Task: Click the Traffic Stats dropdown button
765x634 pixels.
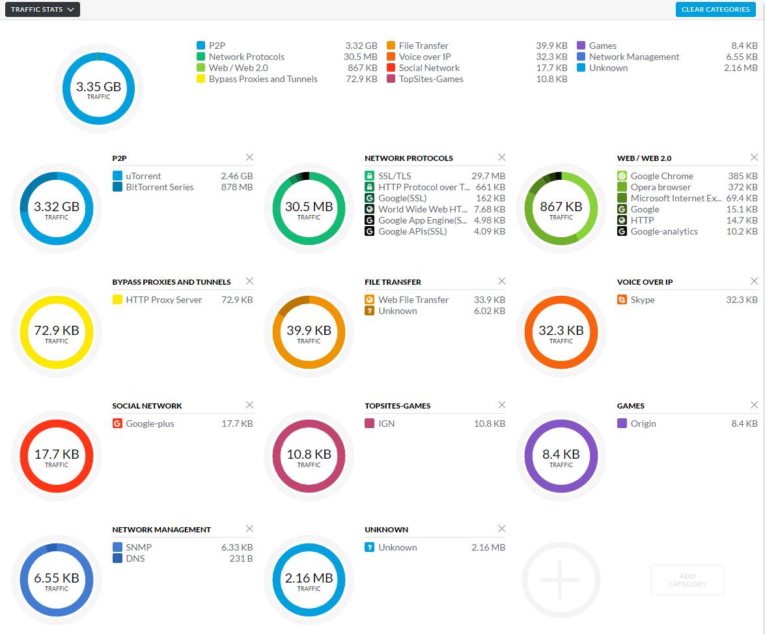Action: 42,9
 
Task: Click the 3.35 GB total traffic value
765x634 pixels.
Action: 98,87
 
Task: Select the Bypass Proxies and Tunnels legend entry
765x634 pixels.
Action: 263,79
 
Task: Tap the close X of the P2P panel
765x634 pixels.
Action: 249,157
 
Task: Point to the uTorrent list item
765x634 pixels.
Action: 143,176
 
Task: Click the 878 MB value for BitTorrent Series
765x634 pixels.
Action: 237,187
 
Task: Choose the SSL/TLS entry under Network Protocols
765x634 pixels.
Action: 395,176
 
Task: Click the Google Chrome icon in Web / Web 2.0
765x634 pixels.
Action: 622,176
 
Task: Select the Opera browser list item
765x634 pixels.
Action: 660,187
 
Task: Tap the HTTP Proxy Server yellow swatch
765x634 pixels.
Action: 117,300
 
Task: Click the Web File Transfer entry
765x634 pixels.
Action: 413,300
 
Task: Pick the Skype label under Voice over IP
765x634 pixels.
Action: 643,300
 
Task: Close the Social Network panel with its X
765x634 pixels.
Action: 249,405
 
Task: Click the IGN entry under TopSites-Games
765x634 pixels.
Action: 386,424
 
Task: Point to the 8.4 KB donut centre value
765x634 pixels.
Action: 561,454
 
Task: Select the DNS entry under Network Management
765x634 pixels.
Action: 135,558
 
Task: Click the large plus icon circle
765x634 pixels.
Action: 560,579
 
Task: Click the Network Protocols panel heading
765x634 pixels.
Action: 409,158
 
